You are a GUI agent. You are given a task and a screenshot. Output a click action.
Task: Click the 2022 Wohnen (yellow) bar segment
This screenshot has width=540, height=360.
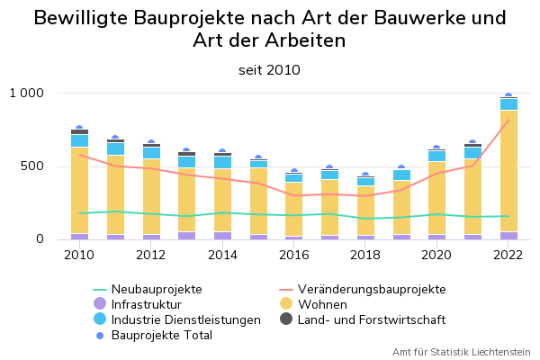508,171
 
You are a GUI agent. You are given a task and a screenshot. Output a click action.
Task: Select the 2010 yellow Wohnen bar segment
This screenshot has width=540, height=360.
79,189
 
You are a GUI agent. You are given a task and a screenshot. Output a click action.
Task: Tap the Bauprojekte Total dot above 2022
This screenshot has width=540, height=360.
508,95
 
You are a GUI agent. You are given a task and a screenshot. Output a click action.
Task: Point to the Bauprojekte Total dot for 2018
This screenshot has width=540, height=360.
365,175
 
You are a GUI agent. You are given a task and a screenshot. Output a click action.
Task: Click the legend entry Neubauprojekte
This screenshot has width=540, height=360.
157,289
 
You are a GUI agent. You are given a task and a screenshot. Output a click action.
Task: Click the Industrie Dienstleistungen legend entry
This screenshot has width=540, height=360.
185,319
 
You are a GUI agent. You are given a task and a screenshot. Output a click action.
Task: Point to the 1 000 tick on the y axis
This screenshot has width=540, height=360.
27,93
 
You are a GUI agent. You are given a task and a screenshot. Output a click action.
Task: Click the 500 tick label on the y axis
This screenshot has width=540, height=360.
32,166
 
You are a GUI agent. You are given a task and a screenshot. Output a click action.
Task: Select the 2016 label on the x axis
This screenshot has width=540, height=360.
293,255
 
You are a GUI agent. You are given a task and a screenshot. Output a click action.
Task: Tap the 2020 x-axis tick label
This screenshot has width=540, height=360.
436,255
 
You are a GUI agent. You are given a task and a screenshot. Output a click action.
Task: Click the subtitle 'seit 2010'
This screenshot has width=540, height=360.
269,70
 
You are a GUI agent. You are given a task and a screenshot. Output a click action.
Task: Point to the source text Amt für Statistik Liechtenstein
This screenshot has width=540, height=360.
461,352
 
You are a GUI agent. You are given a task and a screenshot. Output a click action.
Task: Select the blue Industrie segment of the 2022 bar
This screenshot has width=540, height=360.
508,103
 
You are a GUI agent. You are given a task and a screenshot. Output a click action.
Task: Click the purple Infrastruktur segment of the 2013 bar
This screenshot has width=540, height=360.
186,235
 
